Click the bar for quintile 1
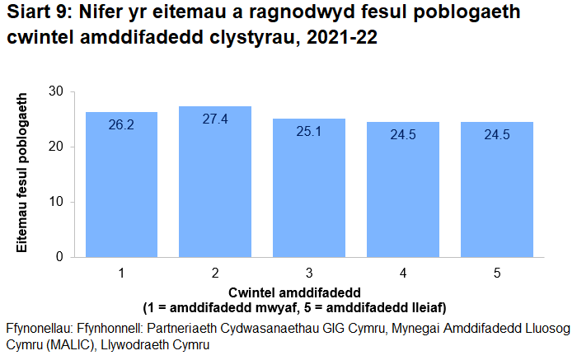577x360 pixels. (x=121, y=185)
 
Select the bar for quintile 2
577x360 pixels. (x=215, y=181)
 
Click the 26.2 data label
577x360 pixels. (x=121, y=125)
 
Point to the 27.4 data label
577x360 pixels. (x=215, y=119)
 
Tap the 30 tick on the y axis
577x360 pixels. (x=56, y=91)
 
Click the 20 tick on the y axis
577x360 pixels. (x=56, y=147)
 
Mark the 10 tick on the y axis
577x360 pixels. (x=56, y=202)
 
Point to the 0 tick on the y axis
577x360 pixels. (x=60, y=257)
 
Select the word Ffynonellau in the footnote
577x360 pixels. (x=40, y=329)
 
